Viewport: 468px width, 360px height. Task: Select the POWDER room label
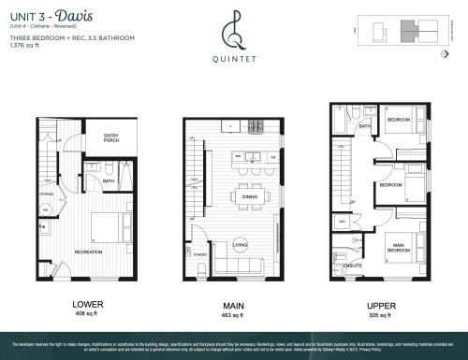[197, 253]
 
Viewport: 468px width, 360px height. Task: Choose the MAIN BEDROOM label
[401, 248]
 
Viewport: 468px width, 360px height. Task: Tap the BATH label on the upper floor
[365, 125]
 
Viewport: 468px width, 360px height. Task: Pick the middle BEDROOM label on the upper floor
[390, 185]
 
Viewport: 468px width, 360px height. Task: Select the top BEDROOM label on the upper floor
[401, 121]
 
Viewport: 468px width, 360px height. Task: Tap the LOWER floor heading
[87, 304]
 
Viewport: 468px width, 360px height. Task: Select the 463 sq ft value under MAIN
[232, 315]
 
